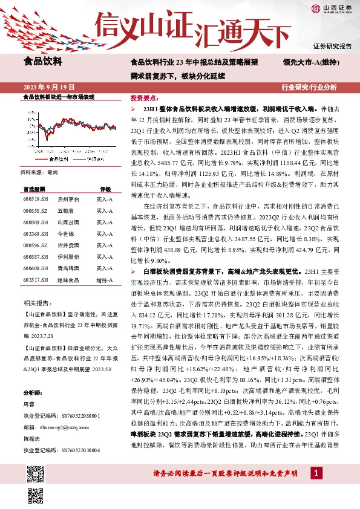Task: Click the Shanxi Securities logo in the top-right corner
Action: pos(332,8)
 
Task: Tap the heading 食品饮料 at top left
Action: pos(42,60)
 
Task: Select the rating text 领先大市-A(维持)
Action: pos(311,62)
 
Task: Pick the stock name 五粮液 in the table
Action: pos(66,210)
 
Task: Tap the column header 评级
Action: pos(105,189)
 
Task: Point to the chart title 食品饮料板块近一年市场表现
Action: pos(58,97)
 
